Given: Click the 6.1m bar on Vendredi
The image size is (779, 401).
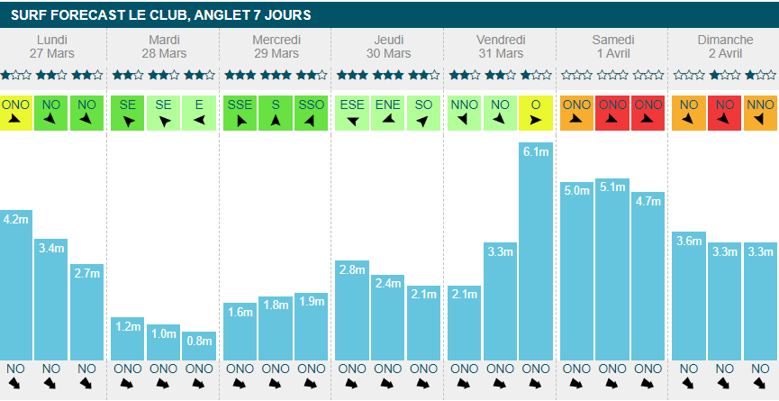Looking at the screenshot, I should [536, 252].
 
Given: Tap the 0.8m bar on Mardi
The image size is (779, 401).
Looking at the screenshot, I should [199, 346].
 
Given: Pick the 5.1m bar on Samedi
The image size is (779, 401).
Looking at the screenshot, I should [612, 270].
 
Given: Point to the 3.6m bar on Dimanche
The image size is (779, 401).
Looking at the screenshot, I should [688, 296].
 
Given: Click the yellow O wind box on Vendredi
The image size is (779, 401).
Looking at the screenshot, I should [536, 112].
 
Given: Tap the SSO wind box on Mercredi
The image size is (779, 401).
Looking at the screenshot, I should [311, 112].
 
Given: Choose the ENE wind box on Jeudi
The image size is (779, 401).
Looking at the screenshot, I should [387, 112].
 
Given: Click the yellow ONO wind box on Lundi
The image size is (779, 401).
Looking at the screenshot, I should [15, 112].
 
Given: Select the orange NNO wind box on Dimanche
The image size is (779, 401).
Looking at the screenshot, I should [760, 112].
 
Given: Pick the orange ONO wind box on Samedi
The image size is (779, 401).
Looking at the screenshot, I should [576, 112].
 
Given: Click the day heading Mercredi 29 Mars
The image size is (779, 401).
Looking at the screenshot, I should [276, 47].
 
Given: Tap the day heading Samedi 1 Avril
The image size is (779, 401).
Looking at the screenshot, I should [613, 47].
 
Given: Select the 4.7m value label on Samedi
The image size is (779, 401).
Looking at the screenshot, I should [648, 201].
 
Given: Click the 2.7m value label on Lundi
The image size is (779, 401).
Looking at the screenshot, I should [86, 273].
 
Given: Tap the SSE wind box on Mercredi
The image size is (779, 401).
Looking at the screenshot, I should [240, 112].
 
